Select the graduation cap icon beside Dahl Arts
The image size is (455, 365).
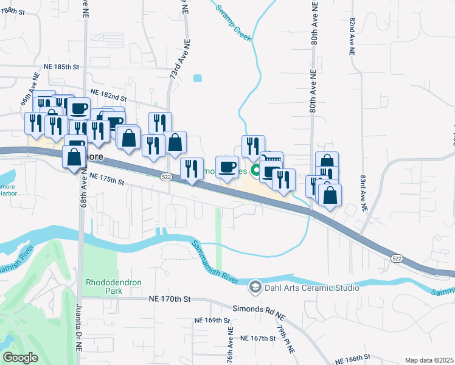[x=255, y=285]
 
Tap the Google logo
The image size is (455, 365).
[x=21, y=358]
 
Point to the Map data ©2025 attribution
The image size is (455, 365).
[x=428, y=360]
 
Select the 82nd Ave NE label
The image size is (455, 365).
[x=352, y=36]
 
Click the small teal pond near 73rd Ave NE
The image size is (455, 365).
[x=197, y=78]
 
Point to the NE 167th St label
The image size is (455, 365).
[x=259, y=338]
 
